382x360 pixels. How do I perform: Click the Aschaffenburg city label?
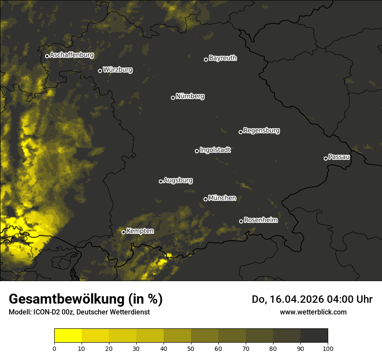(72, 55)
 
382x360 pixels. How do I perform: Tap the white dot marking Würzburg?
(100, 71)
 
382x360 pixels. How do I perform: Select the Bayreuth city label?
(223, 58)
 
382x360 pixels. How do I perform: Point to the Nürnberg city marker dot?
(173, 98)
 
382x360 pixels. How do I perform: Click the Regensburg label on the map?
(261, 130)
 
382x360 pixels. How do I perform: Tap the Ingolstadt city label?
(215, 150)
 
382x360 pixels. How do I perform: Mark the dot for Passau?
(326, 158)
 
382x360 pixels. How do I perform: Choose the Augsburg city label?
(178, 180)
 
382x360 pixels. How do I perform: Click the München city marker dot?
(205, 199)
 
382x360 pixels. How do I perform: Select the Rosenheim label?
(260, 220)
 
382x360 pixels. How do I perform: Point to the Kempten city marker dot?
(123, 232)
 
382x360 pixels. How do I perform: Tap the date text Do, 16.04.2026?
(289, 299)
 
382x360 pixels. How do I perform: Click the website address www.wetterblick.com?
(313, 312)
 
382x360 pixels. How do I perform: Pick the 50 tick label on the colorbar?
(191, 348)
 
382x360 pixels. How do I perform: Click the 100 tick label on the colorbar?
(328, 348)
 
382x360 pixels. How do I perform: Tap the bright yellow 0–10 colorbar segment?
(68, 336)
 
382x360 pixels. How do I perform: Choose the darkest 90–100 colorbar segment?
(314, 336)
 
